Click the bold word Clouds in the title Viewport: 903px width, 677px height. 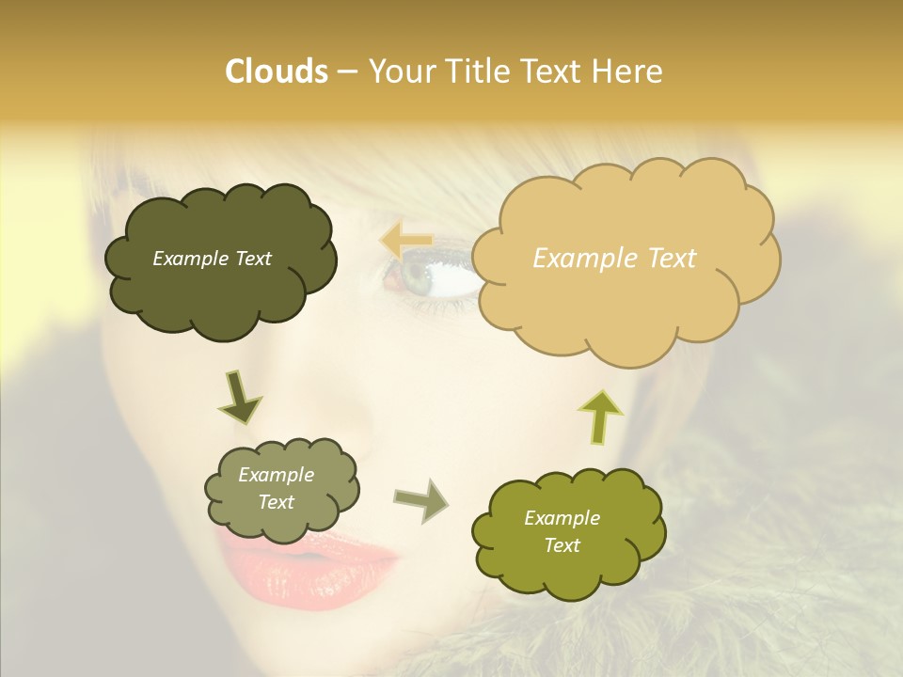tap(276, 71)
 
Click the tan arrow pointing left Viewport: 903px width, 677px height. tap(406, 241)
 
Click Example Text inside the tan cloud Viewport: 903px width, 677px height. tap(614, 259)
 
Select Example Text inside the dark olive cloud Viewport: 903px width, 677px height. tap(212, 259)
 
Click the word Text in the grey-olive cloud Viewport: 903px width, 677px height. tap(276, 502)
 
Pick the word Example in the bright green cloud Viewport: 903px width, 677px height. tap(562, 518)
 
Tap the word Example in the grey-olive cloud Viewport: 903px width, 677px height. tap(276, 475)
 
